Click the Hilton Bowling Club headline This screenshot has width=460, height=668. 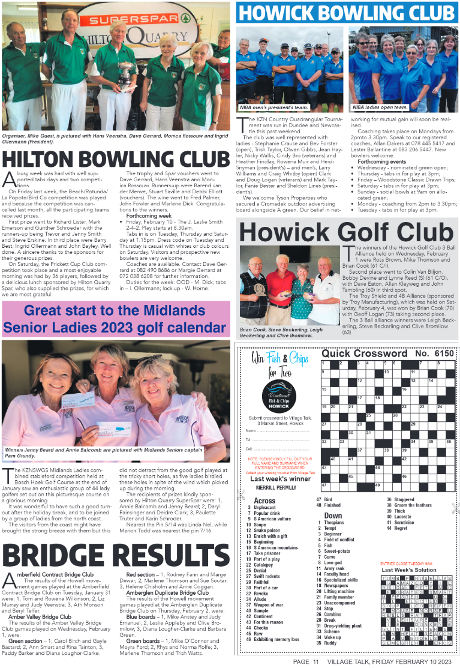coord(115,159)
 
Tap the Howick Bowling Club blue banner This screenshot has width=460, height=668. coord(346,12)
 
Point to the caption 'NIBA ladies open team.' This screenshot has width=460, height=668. coord(380,107)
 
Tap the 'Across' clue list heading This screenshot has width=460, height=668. coord(265,501)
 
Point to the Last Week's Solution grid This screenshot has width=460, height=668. coord(413,612)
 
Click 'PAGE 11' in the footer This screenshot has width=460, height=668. coord(309,661)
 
